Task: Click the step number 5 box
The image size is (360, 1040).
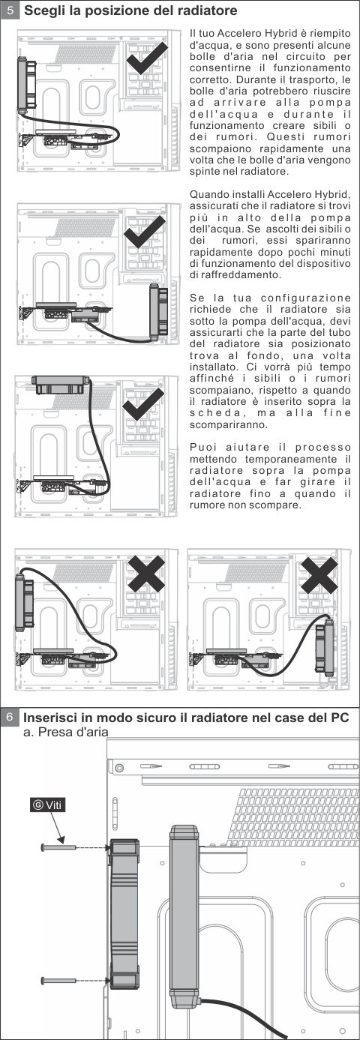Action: point(10,10)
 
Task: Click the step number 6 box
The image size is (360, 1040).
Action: point(10,718)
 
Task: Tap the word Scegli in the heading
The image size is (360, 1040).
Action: point(45,10)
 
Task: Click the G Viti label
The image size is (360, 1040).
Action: point(47,805)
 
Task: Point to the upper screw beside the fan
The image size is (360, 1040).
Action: point(59,847)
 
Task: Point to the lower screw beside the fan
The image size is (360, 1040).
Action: point(59,981)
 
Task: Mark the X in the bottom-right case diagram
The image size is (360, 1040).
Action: point(319,575)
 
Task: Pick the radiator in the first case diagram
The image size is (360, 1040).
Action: point(26,84)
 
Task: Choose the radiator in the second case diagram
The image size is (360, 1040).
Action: point(158,312)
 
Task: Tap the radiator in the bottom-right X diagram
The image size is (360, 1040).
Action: point(325,648)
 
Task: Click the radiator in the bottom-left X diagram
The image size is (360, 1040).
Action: point(23,601)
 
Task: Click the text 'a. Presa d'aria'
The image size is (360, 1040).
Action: point(65,732)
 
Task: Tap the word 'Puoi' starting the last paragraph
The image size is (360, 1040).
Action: point(202,448)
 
